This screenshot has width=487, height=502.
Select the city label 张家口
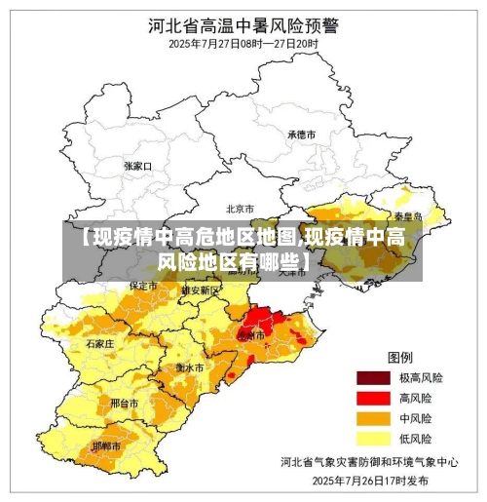[138, 166]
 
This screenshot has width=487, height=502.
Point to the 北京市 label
[240, 209]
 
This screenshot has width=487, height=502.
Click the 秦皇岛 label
[407, 216]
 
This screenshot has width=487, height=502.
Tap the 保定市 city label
[143, 287]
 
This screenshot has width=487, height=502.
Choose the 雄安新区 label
[201, 290]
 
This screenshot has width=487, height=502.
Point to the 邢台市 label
[124, 402]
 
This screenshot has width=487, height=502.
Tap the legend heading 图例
[401, 357]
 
